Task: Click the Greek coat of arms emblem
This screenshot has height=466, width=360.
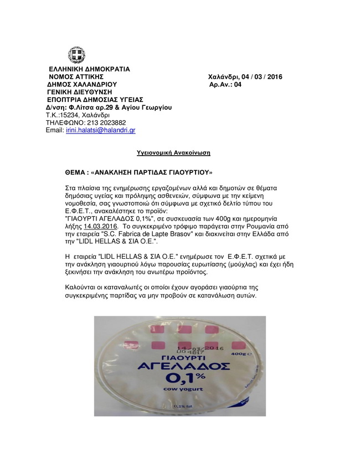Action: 76,55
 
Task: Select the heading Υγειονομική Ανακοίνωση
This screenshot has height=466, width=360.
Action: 174,152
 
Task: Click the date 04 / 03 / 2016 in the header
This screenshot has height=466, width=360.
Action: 260,76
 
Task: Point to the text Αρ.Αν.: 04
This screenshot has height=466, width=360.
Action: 225,85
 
